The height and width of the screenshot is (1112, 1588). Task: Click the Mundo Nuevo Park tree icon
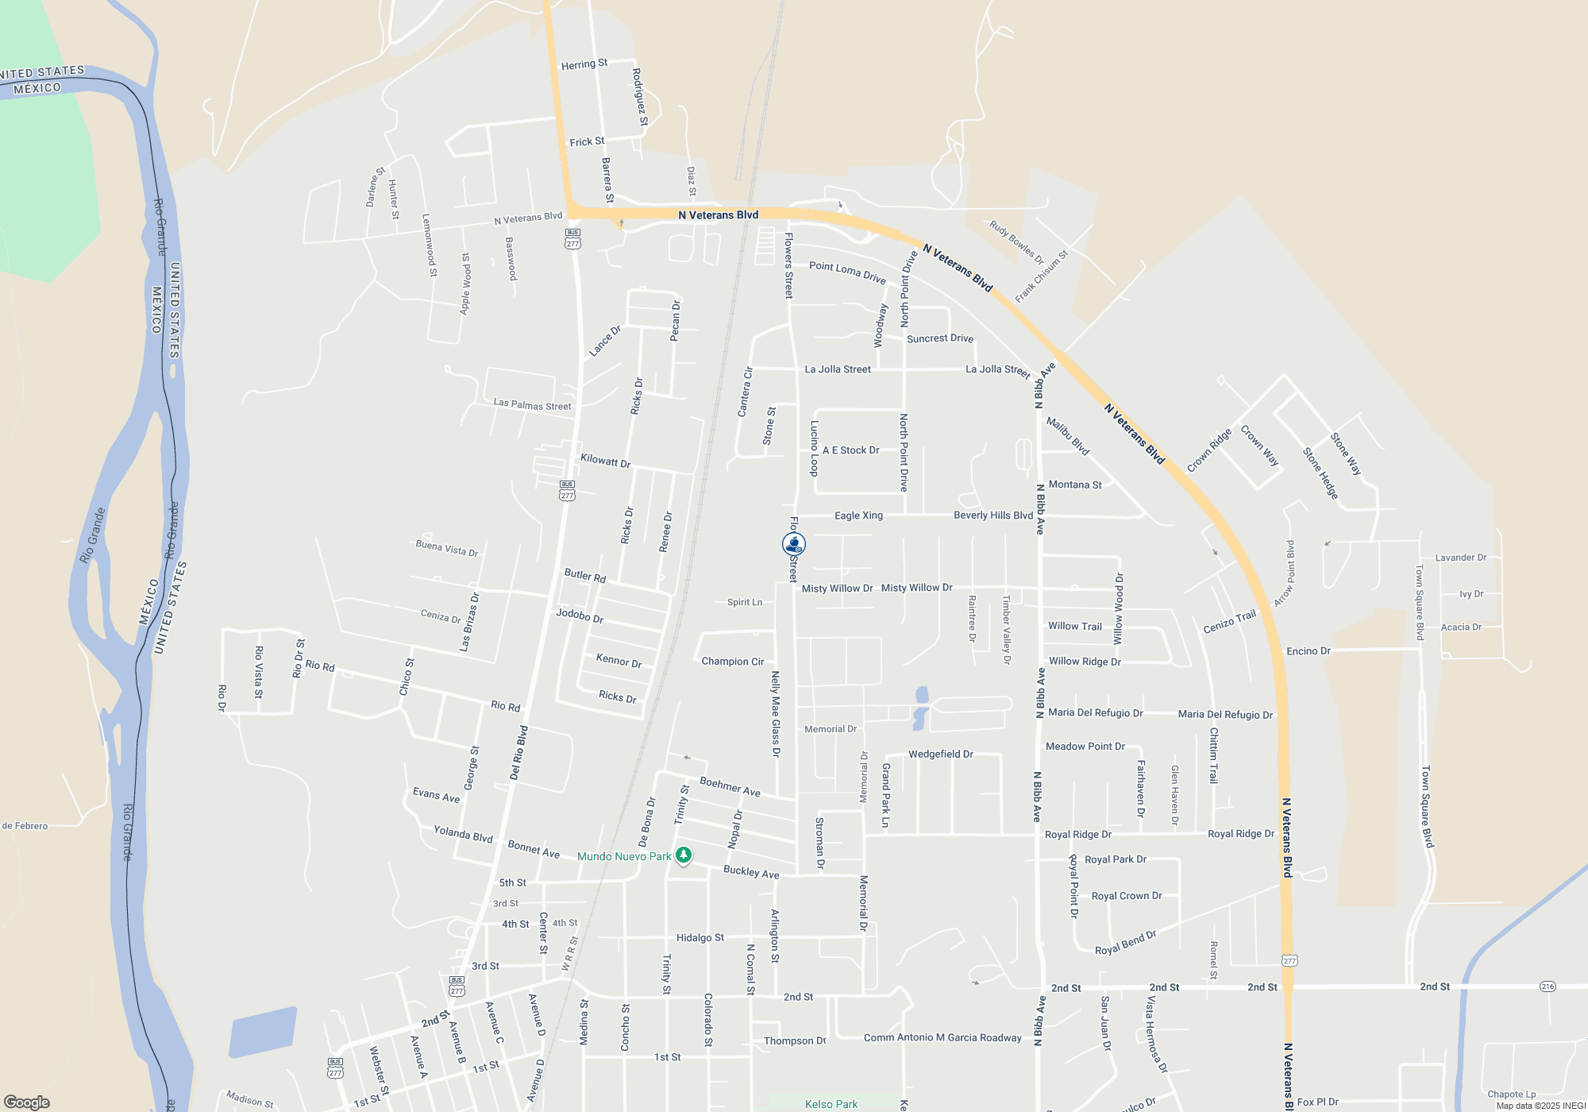pyautogui.click(x=684, y=855)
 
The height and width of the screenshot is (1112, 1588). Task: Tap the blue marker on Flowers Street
pyautogui.click(x=794, y=544)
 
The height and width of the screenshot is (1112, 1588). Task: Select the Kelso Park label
pyautogui.click(x=831, y=1104)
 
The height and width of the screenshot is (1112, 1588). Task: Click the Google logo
pyautogui.click(x=27, y=1102)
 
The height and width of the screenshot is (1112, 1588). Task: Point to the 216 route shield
pyautogui.click(x=1548, y=987)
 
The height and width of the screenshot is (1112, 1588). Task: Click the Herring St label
pyautogui.click(x=584, y=64)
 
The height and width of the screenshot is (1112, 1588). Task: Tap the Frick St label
pyautogui.click(x=587, y=142)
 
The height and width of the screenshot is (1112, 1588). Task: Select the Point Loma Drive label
pyautogui.click(x=847, y=272)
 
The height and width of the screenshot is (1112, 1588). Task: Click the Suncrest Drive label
pyautogui.click(x=940, y=338)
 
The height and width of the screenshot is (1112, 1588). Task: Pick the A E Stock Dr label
pyautogui.click(x=850, y=450)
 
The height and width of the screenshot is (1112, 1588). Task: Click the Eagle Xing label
pyautogui.click(x=858, y=515)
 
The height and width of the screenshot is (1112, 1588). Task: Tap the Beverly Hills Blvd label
pyautogui.click(x=993, y=515)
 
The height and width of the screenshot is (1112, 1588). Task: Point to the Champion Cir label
pyautogui.click(x=732, y=662)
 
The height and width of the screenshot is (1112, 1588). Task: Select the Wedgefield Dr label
pyautogui.click(x=940, y=754)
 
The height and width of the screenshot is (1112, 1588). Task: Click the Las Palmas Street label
pyautogui.click(x=532, y=405)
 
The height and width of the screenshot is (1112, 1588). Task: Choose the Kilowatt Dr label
pyautogui.click(x=605, y=461)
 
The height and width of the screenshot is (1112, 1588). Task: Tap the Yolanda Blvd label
pyautogui.click(x=463, y=834)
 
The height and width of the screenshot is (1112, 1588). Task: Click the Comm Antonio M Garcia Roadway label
pyautogui.click(x=942, y=1037)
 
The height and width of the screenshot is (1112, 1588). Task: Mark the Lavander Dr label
pyautogui.click(x=1461, y=558)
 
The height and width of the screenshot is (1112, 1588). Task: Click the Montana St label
pyautogui.click(x=1075, y=485)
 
